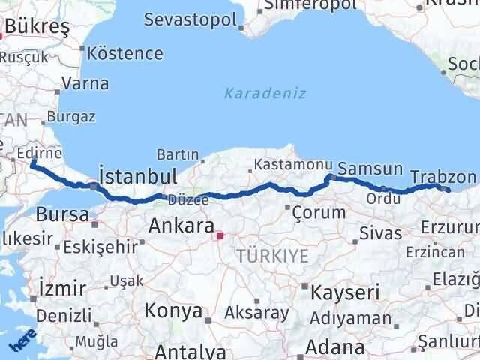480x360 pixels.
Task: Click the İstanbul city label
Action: (x=138, y=177)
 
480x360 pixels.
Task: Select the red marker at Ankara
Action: (x=219, y=235)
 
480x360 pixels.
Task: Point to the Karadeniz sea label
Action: (x=255, y=94)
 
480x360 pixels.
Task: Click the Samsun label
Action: (x=370, y=169)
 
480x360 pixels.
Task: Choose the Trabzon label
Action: (x=443, y=177)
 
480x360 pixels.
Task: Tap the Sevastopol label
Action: (x=190, y=19)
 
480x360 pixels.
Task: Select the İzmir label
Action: (x=61, y=288)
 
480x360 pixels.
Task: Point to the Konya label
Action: (x=172, y=310)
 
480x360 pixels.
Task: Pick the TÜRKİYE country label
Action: (x=272, y=256)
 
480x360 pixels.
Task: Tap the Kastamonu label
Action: (x=282, y=164)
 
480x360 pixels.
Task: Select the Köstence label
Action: (x=124, y=53)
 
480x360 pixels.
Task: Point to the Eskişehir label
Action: (x=100, y=245)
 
